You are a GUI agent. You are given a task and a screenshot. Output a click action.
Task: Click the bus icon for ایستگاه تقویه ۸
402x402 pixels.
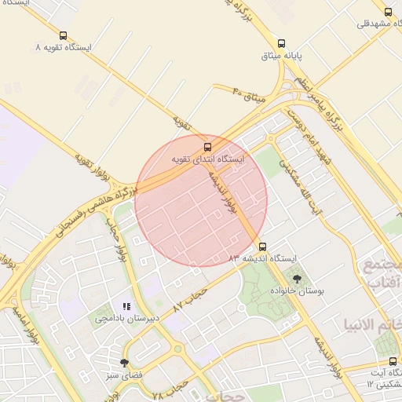coord(63,35)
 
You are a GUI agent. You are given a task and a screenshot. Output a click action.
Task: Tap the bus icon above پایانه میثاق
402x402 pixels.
coord(281,44)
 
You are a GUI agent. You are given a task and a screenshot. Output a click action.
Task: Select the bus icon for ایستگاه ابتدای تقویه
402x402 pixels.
coord(207,146)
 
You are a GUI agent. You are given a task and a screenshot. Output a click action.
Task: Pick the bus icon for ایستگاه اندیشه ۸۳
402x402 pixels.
coord(263,245)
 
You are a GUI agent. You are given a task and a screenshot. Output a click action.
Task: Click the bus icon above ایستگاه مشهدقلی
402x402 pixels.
coord(388,11)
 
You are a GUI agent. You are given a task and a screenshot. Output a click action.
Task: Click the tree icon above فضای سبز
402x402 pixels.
coord(123,362)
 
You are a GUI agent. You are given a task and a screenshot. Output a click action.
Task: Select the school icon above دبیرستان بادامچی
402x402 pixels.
coord(126,306)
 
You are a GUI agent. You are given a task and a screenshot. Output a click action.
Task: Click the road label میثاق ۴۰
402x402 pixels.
coord(250,97)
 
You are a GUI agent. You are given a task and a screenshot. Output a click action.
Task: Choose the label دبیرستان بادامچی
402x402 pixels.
coord(126,319)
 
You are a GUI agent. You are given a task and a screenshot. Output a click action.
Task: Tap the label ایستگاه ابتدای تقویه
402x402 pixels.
coord(210,159)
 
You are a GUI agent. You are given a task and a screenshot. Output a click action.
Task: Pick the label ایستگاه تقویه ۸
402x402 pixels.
coord(64,48)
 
